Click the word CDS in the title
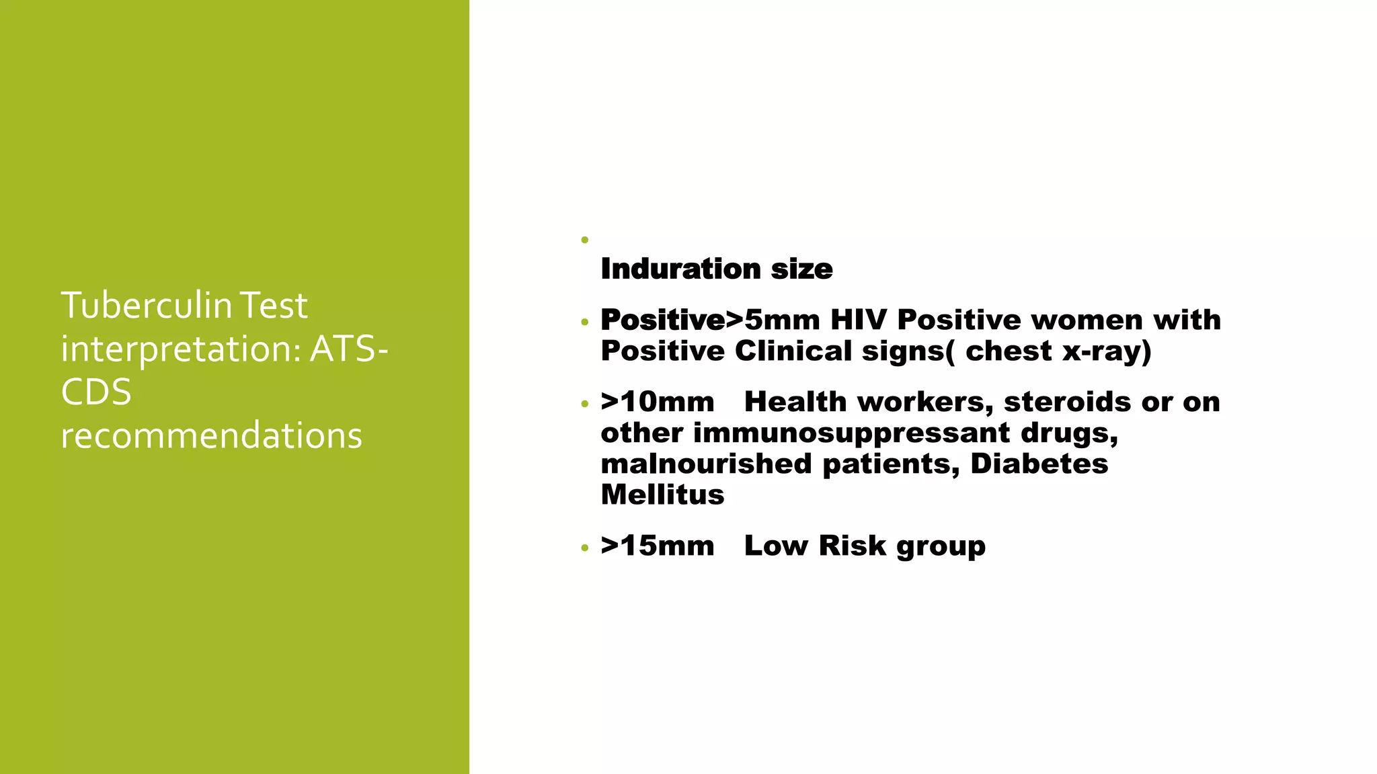[x=95, y=392]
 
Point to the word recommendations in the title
[x=211, y=435]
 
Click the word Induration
[x=680, y=269]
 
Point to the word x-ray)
[x=1106, y=351]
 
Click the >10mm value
[x=658, y=402]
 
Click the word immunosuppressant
[x=851, y=433]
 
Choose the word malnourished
[x=706, y=464]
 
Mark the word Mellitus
[x=662, y=494]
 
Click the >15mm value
[x=658, y=546]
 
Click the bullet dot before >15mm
[x=584, y=548]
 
